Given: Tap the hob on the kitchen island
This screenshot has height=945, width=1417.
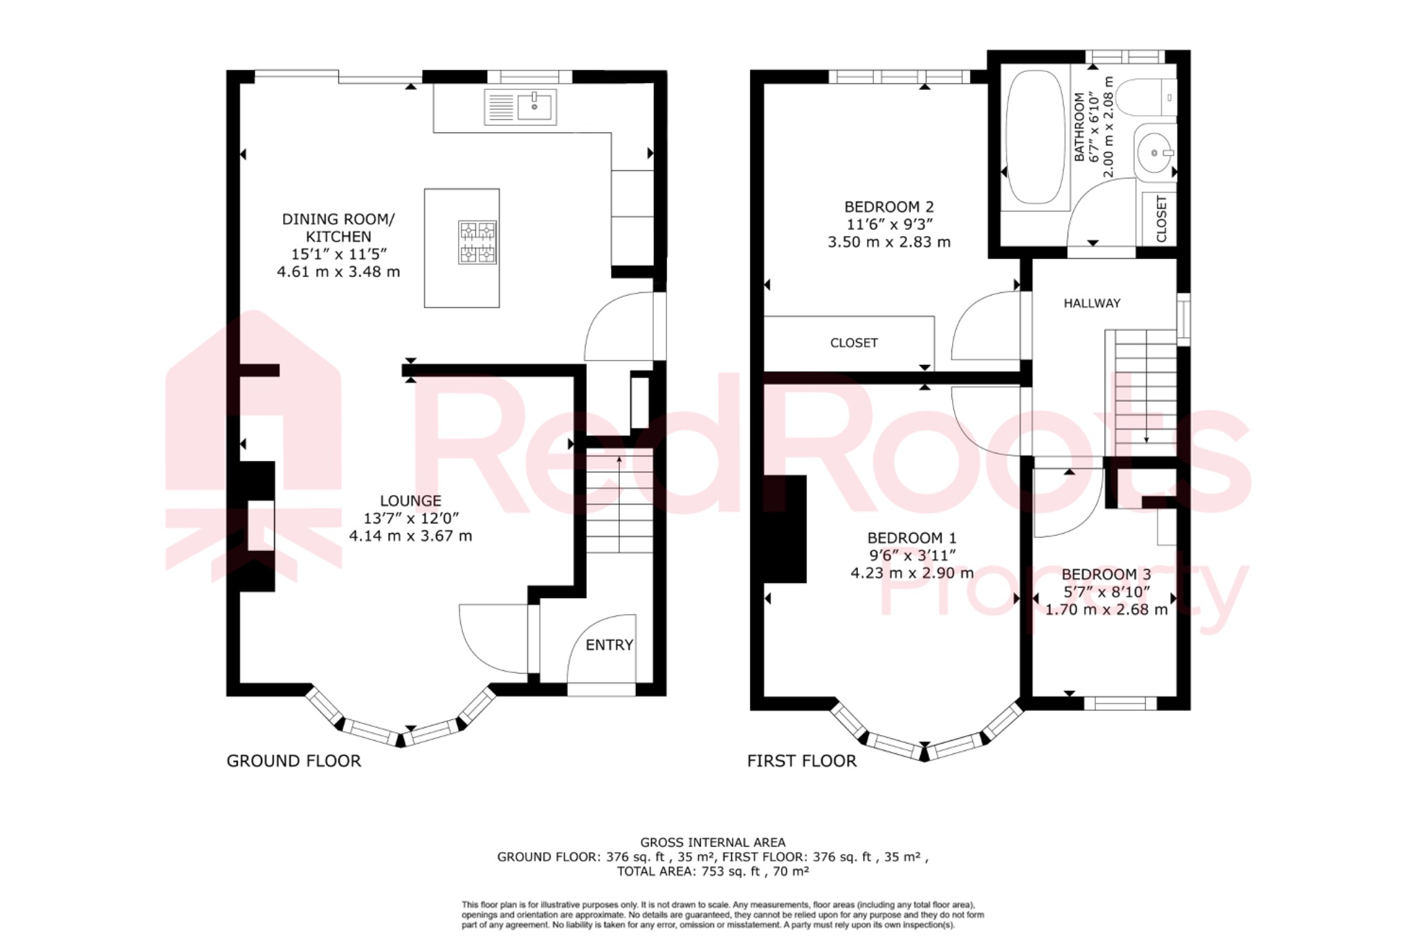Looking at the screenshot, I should [477, 242].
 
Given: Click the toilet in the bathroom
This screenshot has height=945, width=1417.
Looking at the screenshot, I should [1145, 97].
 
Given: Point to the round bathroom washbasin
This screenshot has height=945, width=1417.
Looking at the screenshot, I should [1154, 152].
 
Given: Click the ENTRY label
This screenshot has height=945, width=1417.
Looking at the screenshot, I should [609, 645].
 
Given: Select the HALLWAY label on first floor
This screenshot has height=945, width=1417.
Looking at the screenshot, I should [1092, 303].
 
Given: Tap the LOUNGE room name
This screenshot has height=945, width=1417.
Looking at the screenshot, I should [410, 501].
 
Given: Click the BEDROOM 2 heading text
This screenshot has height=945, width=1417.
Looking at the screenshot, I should [889, 206].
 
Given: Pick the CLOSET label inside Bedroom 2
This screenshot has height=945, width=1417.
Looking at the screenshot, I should [854, 343].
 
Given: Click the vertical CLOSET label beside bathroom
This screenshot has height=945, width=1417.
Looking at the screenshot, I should [1161, 219].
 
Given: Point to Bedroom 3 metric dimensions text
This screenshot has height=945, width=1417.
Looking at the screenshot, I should [1106, 609].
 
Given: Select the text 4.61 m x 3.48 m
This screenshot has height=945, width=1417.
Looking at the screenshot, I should [338, 271].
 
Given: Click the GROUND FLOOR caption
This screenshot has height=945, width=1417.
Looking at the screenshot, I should [293, 761].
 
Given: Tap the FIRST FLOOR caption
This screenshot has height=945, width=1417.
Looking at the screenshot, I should [801, 761].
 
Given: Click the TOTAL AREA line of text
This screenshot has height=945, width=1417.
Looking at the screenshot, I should [713, 871].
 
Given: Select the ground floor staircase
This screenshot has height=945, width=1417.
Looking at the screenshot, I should [619, 502].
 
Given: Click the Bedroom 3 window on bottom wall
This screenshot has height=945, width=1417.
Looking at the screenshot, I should [1119, 703].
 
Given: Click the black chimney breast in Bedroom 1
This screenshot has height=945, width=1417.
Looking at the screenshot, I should [785, 528].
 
